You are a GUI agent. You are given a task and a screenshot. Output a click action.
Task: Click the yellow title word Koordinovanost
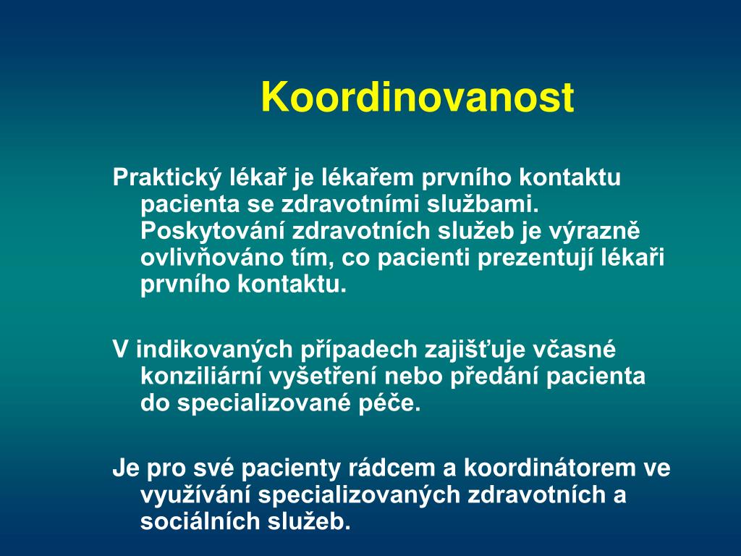pos(418,98)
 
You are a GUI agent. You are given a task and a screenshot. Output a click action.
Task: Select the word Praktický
pos(167,178)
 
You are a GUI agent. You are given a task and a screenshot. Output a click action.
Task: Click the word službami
pos(483,204)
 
